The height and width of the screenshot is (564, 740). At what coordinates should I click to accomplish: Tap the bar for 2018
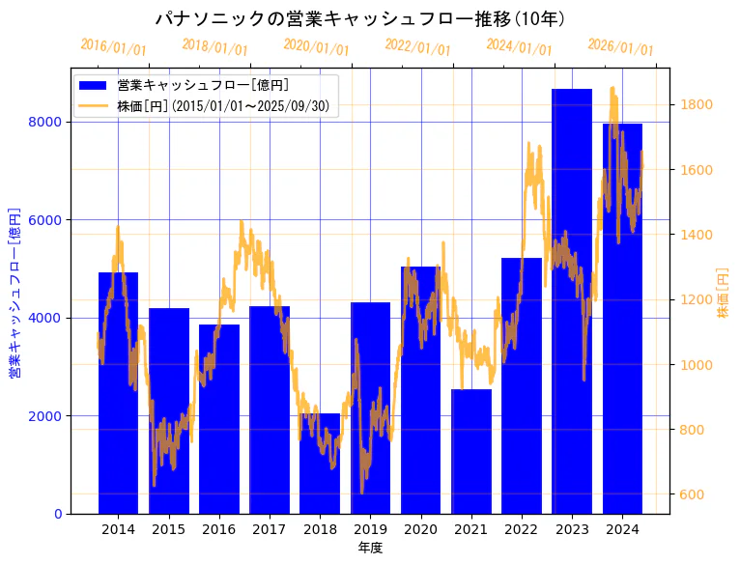click(320, 464)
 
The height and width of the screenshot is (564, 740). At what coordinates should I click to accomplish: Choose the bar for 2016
click(219, 419)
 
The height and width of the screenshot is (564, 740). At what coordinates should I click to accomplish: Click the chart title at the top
click(360, 18)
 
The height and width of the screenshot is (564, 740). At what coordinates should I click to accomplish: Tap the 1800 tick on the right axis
click(697, 104)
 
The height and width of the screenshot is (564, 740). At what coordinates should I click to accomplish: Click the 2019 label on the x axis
click(370, 529)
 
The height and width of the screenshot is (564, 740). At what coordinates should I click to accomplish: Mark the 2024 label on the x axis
click(622, 529)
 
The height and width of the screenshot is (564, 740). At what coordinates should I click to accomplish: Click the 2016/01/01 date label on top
click(113, 47)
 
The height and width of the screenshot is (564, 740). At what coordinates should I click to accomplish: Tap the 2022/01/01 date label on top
click(417, 47)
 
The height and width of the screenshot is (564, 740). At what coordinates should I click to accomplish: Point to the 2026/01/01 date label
click(620, 47)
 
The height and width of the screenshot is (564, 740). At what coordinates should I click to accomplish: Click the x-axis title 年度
click(370, 548)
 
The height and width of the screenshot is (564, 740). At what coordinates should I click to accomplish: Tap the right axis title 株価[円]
click(724, 294)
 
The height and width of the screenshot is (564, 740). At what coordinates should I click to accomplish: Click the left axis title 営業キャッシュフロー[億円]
click(14, 292)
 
